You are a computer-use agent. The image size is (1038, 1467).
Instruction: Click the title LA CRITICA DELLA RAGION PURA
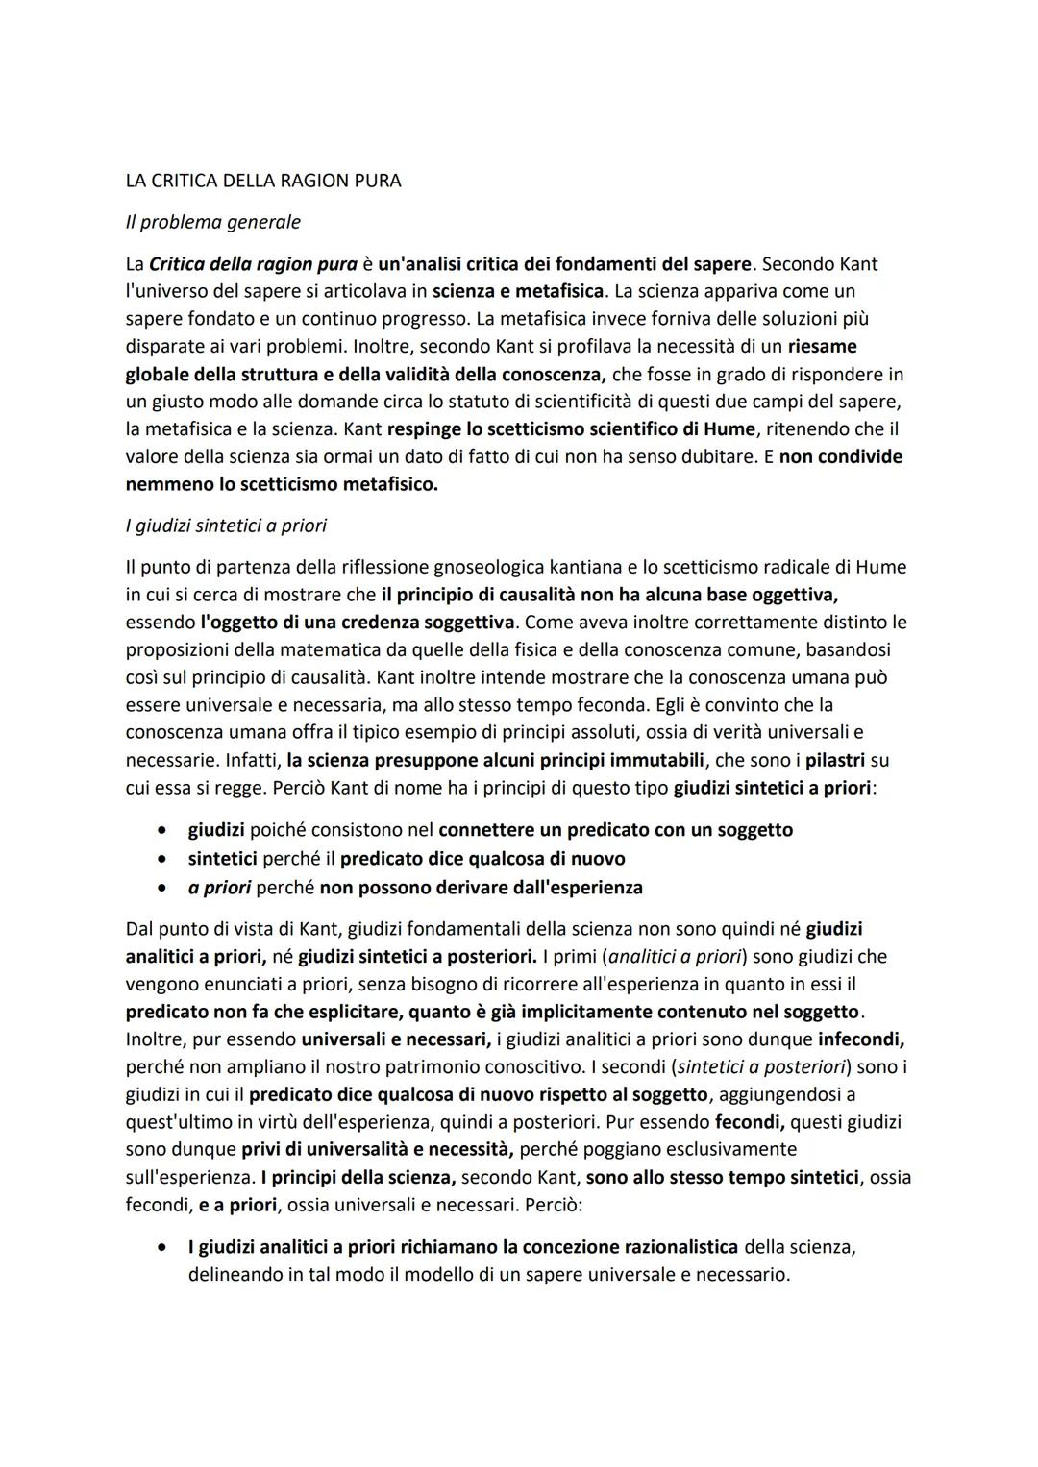(263, 181)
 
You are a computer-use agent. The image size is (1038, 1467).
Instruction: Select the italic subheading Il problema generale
(212, 222)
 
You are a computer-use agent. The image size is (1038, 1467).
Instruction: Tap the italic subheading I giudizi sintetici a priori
(226, 526)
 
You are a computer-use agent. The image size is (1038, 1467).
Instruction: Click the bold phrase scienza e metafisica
(519, 290)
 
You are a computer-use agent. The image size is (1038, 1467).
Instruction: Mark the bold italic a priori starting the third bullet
(219, 887)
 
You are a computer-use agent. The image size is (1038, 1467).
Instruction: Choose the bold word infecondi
(861, 1039)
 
